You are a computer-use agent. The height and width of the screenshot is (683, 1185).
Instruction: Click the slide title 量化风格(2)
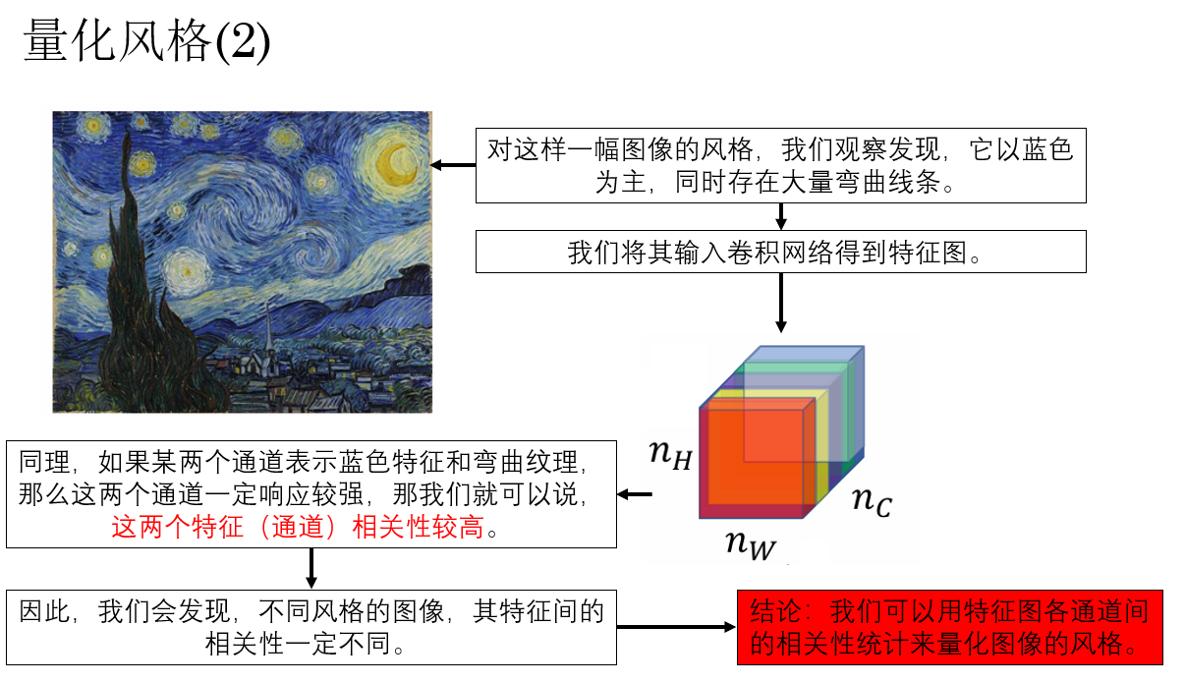pyautogui.click(x=147, y=41)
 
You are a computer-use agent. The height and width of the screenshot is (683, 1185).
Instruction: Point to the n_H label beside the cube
pyautogui.click(x=670, y=455)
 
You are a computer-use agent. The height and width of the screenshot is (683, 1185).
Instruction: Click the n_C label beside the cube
pyautogui.click(x=873, y=500)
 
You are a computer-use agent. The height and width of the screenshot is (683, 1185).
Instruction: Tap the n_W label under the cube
pyautogui.click(x=751, y=544)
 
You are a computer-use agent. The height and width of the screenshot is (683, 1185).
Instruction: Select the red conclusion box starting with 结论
pyautogui.click(x=949, y=627)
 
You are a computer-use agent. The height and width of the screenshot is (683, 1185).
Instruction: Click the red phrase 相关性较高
pyautogui.click(x=418, y=527)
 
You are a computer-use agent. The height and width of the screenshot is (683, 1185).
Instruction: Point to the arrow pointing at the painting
pyautogui.click(x=453, y=165)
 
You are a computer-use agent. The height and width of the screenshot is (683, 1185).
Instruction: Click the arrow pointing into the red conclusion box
pyautogui.click(x=677, y=627)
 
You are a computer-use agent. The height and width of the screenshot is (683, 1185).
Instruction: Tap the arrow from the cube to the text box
pyautogui.click(x=635, y=494)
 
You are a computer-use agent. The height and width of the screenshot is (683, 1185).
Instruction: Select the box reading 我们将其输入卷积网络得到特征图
pyautogui.click(x=781, y=252)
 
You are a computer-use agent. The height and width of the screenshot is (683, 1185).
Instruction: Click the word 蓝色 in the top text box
pyautogui.click(x=1047, y=149)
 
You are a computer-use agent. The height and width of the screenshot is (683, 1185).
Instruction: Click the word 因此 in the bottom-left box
pyautogui.click(x=44, y=611)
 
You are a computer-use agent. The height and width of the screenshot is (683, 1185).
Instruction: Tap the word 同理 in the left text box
pyautogui.click(x=44, y=462)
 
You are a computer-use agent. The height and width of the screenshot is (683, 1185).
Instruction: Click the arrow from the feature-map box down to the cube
pyautogui.click(x=781, y=303)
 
